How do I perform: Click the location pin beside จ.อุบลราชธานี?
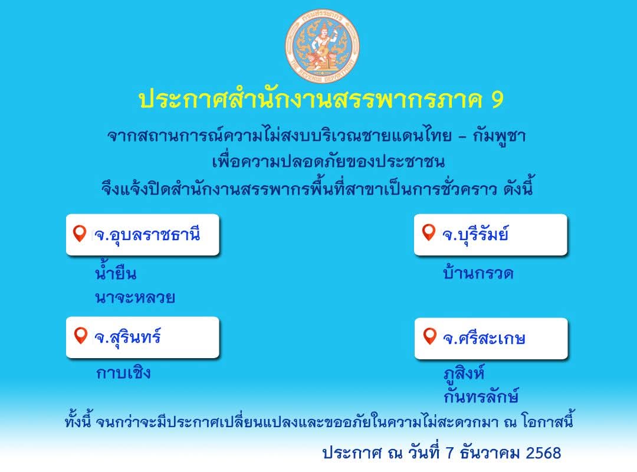pyautogui.click(x=80, y=234)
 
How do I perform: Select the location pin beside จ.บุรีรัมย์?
pyautogui.click(x=429, y=233)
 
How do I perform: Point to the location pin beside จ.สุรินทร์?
pyautogui.click(x=80, y=336)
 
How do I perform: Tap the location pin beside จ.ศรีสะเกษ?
pyautogui.click(x=429, y=337)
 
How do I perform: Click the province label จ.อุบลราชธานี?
pyautogui.click(x=147, y=235)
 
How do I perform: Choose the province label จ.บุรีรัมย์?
pyautogui.click(x=475, y=235)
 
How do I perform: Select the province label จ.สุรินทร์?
pyautogui.click(x=127, y=338)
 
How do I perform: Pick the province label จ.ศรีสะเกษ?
pyautogui.click(x=484, y=339)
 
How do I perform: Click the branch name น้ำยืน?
pyautogui.click(x=116, y=273)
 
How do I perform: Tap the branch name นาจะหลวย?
pyautogui.click(x=134, y=298)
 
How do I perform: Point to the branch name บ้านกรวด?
pyautogui.click(x=478, y=274)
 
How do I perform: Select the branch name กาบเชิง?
pyautogui.click(x=123, y=373)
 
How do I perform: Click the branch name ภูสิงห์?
pyautogui.click(x=464, y=373)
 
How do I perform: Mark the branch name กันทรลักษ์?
pyautogui.click(x=481, y=396)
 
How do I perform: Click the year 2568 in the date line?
pyautogui.click(x=543, y=453)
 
